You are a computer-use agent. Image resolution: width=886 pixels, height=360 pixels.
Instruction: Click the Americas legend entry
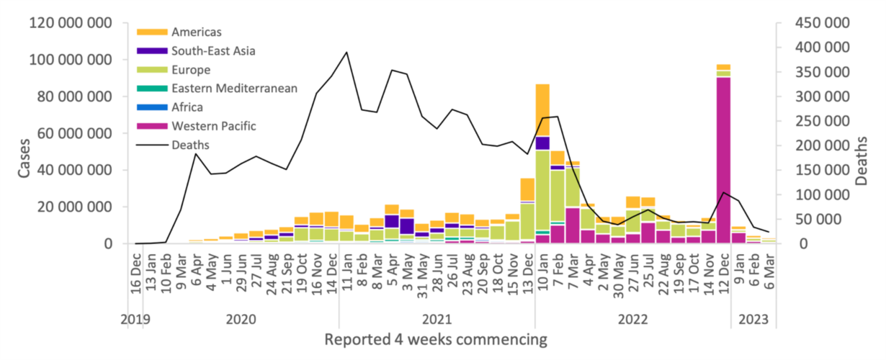(197, 32)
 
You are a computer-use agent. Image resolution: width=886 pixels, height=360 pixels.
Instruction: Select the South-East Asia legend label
(213, 50)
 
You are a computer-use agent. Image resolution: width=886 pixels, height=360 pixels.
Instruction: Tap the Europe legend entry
(191, 70)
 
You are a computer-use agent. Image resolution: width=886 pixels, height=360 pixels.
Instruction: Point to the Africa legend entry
(187, 107)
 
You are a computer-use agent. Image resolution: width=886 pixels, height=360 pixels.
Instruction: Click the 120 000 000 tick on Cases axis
(70, 23)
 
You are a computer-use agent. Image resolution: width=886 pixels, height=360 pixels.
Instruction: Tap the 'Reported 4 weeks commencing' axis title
(435, 339)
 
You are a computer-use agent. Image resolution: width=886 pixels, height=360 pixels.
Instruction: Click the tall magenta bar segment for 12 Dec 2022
(723, 158)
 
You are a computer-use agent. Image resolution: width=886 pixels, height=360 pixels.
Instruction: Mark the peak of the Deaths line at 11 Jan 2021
(347, 53)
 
